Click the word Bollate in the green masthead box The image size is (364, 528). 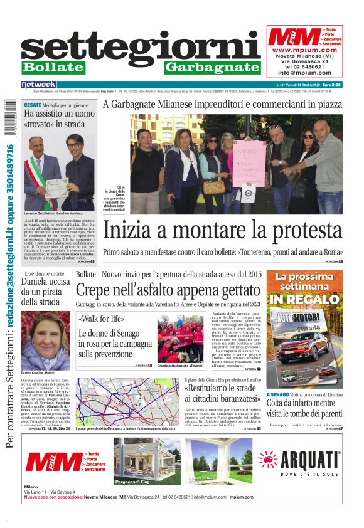(x=53, y=67)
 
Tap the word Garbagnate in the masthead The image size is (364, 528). (x=212, y=67)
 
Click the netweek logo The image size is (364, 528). (x=39, y=84)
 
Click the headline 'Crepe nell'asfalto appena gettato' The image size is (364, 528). (x=168, y=290)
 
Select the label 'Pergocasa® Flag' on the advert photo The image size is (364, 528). (x=132, y=482)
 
